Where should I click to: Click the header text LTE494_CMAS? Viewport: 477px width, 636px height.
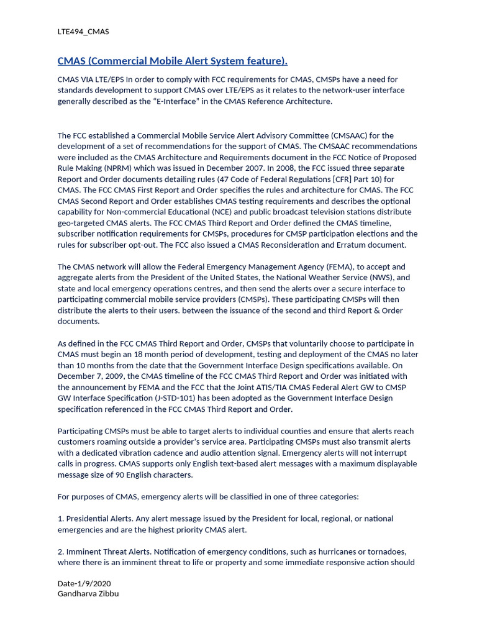(x=83, y=32)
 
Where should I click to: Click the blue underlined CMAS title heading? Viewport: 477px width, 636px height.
(x=172, y=61)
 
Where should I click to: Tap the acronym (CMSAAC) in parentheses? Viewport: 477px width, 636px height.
(x=332, y=135)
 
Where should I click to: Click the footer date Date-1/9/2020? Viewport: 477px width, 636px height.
(x=84, y=584)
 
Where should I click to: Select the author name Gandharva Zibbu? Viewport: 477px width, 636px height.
(x=88, y=594)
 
